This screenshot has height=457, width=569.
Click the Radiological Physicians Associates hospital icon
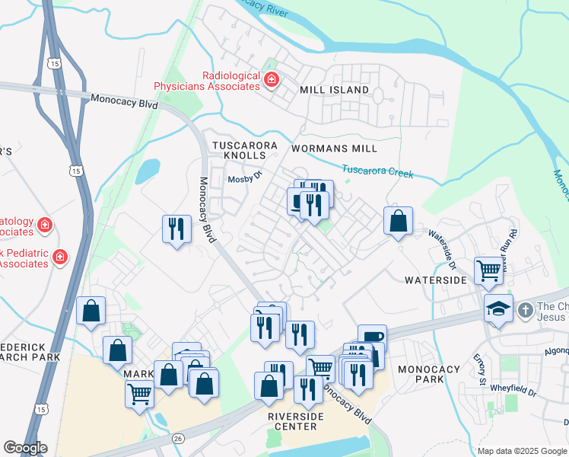pos(271,79)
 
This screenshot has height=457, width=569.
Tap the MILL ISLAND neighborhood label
pos(334,90)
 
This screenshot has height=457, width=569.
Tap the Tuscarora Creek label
pos(377,172)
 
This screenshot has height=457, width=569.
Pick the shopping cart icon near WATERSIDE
pos(488,270)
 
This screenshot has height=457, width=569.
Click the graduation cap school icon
pos(498,309)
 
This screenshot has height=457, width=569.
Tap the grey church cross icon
pos(525,310)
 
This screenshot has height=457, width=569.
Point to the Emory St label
pos(481,369)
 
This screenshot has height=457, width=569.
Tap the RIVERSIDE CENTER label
pos(296,421)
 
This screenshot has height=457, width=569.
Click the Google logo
pos(25,448)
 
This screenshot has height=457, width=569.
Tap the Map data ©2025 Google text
pos(522,451)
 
